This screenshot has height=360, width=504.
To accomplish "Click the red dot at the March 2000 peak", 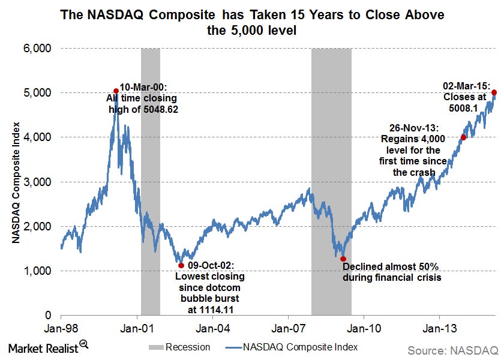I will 116,91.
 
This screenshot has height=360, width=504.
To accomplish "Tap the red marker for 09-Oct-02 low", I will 181,265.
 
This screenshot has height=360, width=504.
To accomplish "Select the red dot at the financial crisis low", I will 343,259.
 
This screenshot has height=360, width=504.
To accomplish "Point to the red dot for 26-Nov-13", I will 463,137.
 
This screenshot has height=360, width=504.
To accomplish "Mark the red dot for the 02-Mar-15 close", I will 494,92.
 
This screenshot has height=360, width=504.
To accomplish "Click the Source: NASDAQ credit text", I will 453,349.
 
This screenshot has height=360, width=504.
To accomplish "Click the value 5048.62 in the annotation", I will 158,110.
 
